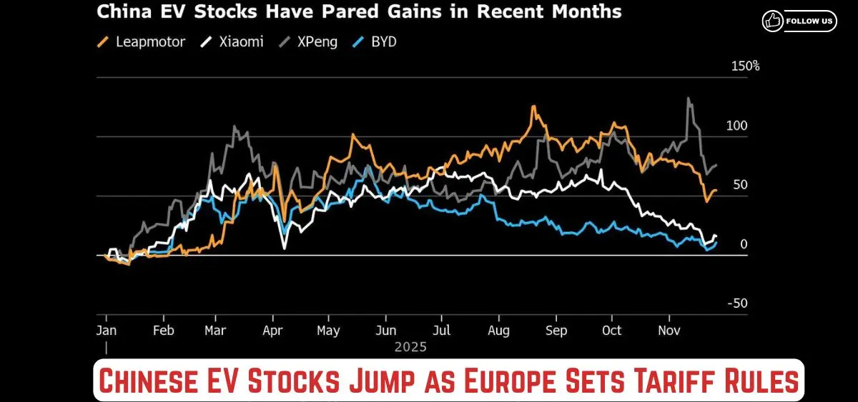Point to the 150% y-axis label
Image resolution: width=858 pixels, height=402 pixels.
[x=744, y=66]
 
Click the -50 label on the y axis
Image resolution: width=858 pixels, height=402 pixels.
[x=736, y=303]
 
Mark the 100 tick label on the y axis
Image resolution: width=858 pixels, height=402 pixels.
[x=736, y=126]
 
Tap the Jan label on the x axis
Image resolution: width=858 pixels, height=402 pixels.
[x=106, y=331]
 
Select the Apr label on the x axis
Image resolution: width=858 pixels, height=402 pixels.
[x=272, y=331]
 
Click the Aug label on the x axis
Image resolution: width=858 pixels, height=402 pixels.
[x=498, y=331]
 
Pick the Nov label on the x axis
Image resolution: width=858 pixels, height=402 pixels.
[x=669, y=331]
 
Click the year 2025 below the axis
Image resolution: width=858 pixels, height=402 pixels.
[x=410, y=348]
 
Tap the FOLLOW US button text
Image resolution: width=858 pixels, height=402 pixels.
[x=809, y=21]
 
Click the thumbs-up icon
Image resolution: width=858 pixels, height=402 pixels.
[x=772, y=21]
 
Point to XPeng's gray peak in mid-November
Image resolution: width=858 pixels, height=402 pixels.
[x=688, y=99]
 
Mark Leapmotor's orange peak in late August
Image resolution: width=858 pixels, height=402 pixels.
[x=533, y=107]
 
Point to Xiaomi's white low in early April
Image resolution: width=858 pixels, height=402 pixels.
[x=284, y=248]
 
